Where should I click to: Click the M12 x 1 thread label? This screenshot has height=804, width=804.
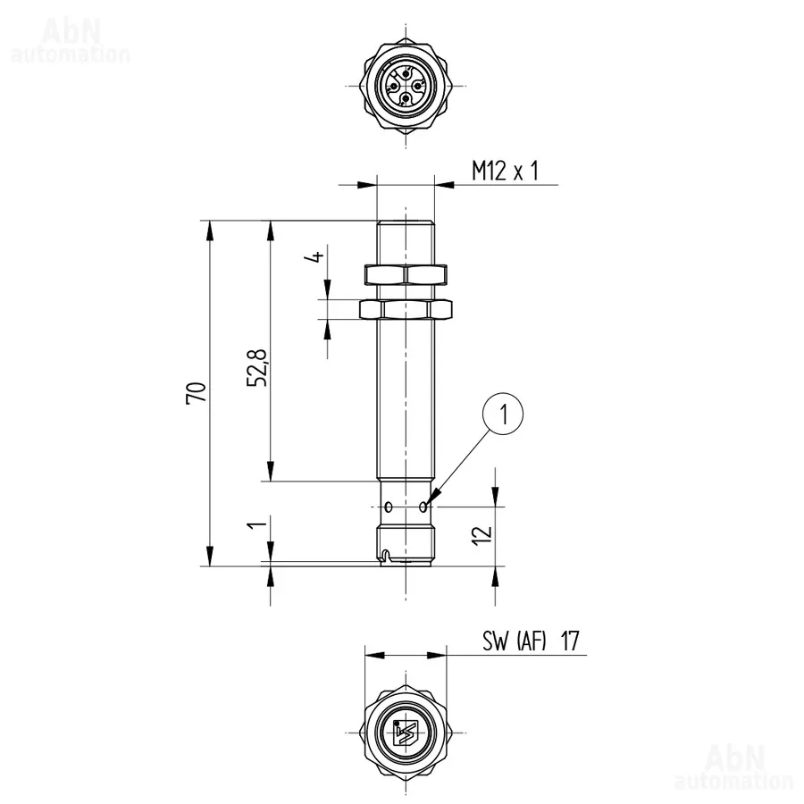(506, 171)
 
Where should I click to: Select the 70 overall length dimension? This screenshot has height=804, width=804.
(196, 393)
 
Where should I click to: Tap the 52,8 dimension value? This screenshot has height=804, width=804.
(257, 368)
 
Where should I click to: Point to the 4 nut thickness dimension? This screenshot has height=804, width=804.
(317, 255)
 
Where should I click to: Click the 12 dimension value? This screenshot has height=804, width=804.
(482, 535)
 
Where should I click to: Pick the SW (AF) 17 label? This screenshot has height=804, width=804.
(531, 641)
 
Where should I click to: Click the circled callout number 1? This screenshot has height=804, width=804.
(504, 414)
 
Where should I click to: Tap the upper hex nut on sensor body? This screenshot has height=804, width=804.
(406, 274)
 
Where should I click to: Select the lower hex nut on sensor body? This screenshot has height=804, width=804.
(406, 309)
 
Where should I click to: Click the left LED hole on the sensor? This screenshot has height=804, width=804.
(389, 507)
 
